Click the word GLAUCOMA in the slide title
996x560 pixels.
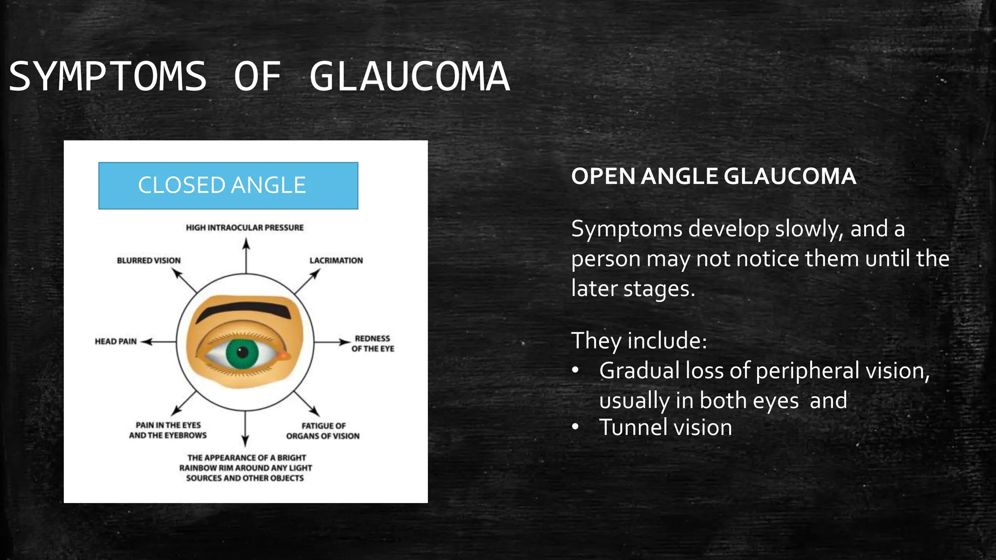point(409,77)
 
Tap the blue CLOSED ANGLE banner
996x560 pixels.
point(228,186)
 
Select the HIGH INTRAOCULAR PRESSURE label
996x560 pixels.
point(245,227)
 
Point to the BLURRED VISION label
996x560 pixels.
point(148,261)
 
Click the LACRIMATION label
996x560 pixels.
point(336,261)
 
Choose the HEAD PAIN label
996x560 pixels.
point(116,342)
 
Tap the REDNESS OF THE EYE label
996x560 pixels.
point(373,343)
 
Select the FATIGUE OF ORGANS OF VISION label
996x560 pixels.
point(323,431)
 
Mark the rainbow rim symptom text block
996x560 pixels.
point(246,468)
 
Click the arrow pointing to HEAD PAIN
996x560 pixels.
point(159,342)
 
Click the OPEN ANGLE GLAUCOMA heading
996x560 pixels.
point(713,176)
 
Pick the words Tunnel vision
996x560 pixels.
point(665,428)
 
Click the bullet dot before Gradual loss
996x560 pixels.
point(576,371)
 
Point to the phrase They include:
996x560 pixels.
point(639,340)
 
